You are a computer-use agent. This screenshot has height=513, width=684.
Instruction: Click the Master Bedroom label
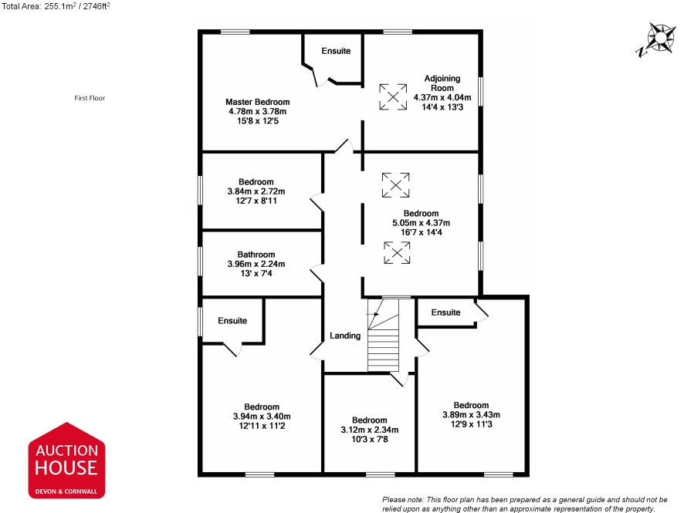click(257, 102)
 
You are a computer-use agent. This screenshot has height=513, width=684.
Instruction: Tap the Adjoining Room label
click(442, 83)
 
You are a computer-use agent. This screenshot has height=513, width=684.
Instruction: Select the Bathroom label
click(256, 255)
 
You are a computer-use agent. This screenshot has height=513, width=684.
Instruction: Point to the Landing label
click(345, 336)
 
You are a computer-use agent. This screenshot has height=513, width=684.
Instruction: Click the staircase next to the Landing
click(384, 335)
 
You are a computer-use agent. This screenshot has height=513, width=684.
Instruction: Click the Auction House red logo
click(66, 461)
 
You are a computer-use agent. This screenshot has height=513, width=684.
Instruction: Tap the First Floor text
click(90, 98)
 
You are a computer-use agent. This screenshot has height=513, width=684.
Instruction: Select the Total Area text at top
click(56, 6)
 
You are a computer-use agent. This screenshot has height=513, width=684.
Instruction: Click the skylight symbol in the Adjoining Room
click(393, 96)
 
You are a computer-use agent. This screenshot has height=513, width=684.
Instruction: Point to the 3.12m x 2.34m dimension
click(370, 430)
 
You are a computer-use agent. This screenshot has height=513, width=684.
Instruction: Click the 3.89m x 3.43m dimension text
click(471, 415)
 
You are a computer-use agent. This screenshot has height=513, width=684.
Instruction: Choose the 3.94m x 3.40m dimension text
click(262, 417)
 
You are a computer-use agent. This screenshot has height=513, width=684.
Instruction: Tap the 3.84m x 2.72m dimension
click(256, 191)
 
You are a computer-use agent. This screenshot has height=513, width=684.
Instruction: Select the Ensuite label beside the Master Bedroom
click(336, 51)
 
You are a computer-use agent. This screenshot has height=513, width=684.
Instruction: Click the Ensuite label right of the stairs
click(445, 312)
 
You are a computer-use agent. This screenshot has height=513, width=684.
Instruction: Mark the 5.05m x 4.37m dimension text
click(421, 223)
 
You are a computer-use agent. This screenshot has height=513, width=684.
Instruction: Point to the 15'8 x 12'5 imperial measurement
click(257, 121)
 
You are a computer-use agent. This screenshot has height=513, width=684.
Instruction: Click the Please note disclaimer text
click(525, 505)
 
